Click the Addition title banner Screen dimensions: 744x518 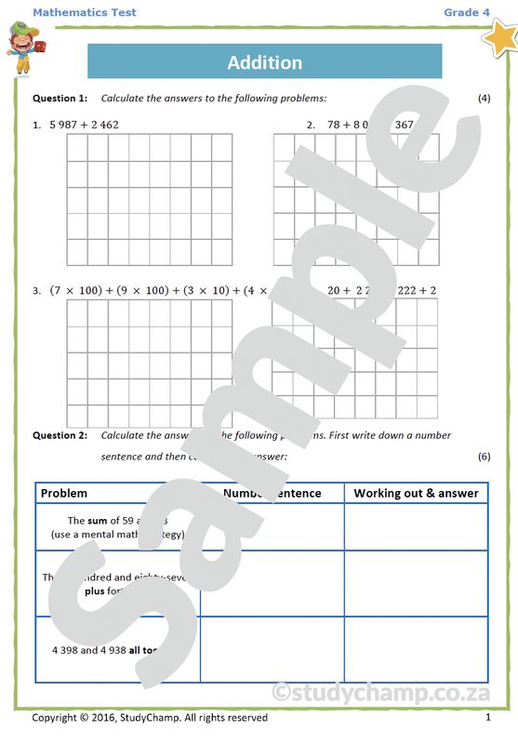coord(264,62)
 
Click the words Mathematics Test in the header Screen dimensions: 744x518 coord(84,12)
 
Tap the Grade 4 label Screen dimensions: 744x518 coord(466,12)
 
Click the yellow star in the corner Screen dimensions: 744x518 coord(500,39)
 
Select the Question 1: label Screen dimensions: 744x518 coord(60,98)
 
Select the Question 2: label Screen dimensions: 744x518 coord(60,435)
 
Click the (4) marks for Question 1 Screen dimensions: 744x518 coord(484,98)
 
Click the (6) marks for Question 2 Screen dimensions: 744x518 coord(484,457)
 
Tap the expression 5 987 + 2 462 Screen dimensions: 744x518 coord(84,125)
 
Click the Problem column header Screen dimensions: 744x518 coord(64,494)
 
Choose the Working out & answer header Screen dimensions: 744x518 coord(416,494)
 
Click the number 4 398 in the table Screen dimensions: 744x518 coord(68,650)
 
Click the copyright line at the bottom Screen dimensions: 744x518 coord(149,718)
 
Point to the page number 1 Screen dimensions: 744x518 coord(487,718)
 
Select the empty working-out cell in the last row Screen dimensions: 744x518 coord(416,649)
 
